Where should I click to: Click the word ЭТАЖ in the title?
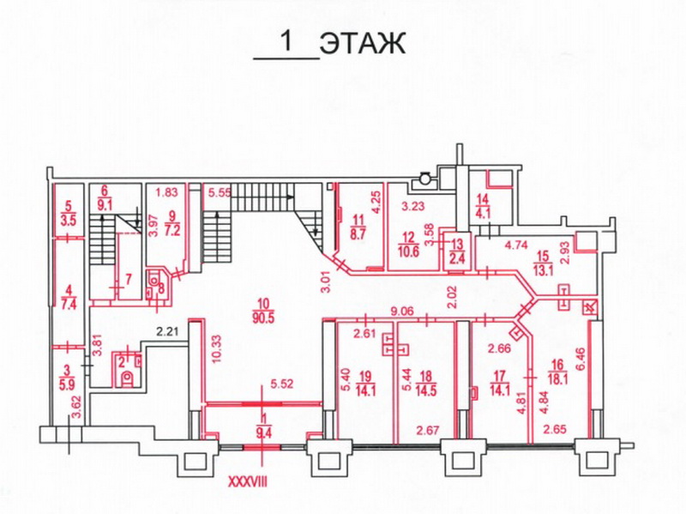(363, 44)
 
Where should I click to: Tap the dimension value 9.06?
(402, 311)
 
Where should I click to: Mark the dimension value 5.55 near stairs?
(219, 192)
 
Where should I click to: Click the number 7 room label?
(128, 280)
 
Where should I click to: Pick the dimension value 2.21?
(168, 331)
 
